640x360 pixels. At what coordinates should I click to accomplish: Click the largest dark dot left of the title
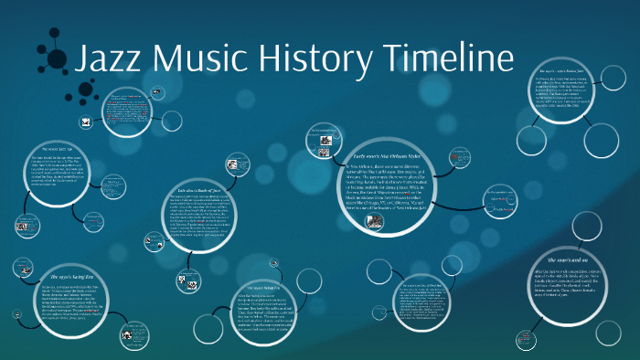(58, 61)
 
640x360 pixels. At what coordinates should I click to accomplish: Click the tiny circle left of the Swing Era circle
(20, 267)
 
